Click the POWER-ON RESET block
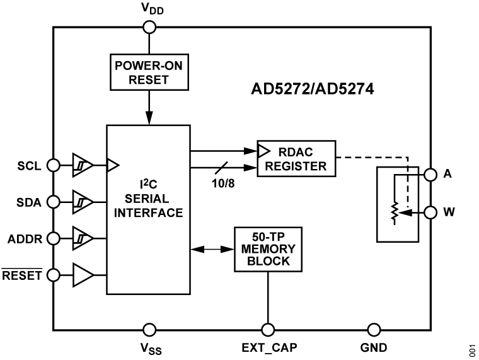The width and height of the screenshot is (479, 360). (149, 73)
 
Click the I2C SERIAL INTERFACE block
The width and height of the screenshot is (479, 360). (148, 209)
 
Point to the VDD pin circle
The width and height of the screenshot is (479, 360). (149, 26)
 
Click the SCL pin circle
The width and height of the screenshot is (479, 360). (54, 166)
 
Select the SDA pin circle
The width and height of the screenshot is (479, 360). (54, 202)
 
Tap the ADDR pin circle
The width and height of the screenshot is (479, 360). (54, 238)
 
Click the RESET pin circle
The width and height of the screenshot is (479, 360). (54, 275)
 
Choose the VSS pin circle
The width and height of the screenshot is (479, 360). (149, 329)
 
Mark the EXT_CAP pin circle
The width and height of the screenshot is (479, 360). (268, 329)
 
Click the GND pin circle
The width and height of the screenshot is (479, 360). (374, 329)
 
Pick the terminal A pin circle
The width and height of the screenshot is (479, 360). (430, 175)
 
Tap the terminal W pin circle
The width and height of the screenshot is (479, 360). (430, 212)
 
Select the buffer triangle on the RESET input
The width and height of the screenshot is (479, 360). (83, 275)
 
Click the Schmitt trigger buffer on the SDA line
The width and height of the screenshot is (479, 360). (83, 202)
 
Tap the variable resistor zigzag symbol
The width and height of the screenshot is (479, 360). (395, 212)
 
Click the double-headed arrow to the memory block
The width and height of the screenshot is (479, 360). (212, 250)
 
